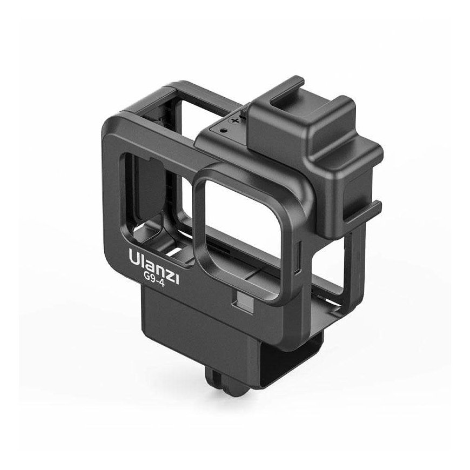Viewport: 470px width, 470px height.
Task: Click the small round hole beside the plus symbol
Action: [x=222, y=130]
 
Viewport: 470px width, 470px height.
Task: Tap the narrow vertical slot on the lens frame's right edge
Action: [x=297, y=258]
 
